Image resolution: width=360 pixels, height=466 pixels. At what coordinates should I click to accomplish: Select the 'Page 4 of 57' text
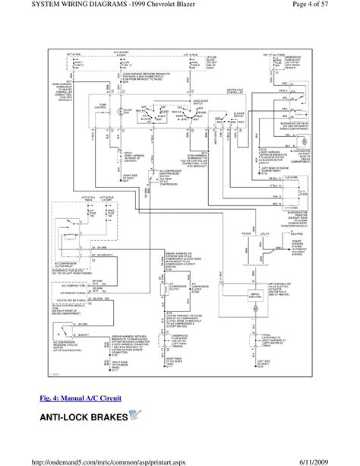[x=327, y=7]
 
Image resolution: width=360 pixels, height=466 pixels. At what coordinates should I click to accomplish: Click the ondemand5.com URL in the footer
[x=112, y=458]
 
